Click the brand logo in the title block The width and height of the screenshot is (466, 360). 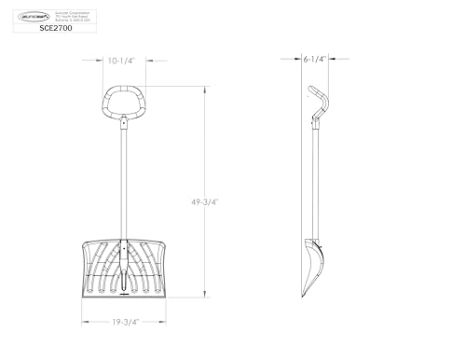pyautogui.click(x=33, y=13)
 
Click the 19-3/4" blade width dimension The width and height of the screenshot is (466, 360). pyautogui.click(x=124, y=324)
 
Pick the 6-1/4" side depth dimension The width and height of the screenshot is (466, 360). pyautogui.click(x=314, y=59)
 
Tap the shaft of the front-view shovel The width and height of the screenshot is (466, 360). pyautogui.click(x=123, y=187)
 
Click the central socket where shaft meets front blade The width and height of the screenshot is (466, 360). pyautogui.click(x=123, y=280)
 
